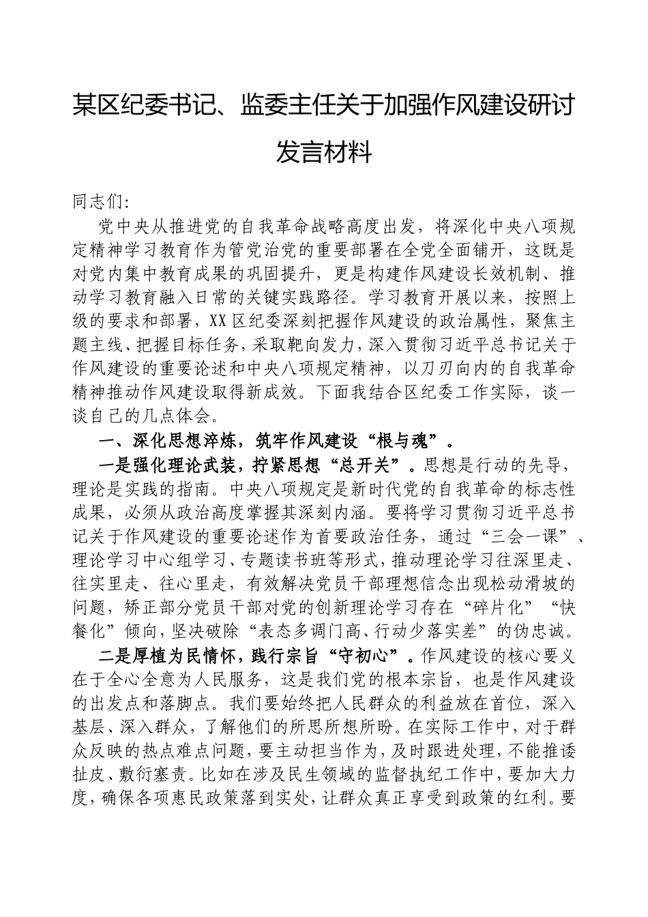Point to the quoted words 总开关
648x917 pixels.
pyautogui.click(x=364, y=465)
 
